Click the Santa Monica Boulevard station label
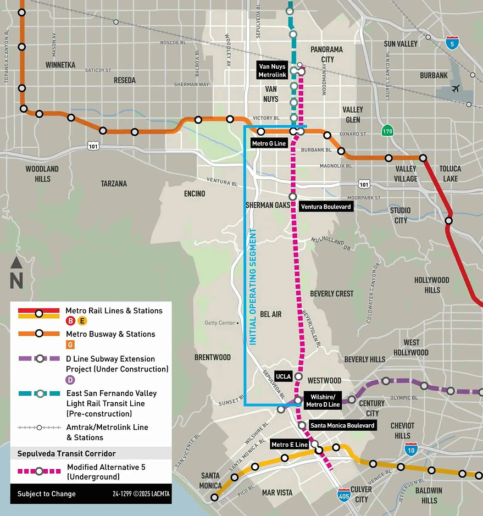pyautogui.click(x=342, y=425)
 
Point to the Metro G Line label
pyautogui.click(x=269, y=143)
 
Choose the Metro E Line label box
pyautogui.click(x=290, y=444)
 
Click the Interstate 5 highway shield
pyautogui.click(x=452, y=43)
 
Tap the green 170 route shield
pyautogui.click(x=388, y=131)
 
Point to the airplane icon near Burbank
pyautogui.click(x=455, y=88)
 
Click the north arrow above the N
pyautogui.click(x=16, y=263)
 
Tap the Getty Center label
pyautogui.click(x=219, y=323)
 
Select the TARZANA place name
pyautogui.click(x=114, y=184)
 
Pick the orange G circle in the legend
pyautogui.click(x=70, y=345)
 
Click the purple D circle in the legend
pyautogui.click(x=70, y=380)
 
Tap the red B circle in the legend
pyautogui.click(x=70, y=321)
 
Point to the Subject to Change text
pyautogui.click(x=46, y=493)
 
